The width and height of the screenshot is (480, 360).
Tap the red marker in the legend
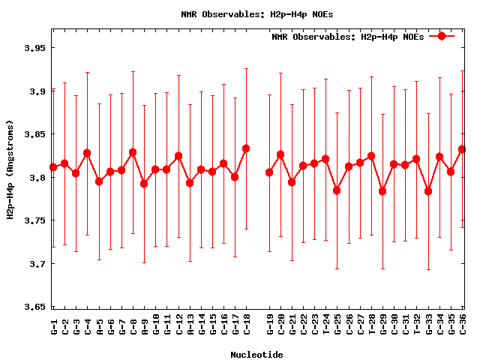pyautogui.click(x=442, y=36)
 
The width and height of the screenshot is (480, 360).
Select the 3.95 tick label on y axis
pyautogui.click(x=32, y=48)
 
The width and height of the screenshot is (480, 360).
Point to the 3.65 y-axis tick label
pyautogui.click(x=32, y=307)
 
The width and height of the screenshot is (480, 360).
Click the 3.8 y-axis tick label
pyautogui.click(x=35, y=178)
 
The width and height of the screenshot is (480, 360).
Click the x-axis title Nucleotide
pyautogui.click(x=256, y=354)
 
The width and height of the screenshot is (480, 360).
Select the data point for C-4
pyautogui.click(x=87, y=153)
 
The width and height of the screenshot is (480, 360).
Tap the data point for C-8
pyautogui.click(x=133, y=152)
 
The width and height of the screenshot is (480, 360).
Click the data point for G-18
pyautogui.click(x=246, y=148)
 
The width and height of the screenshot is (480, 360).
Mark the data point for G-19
pyautogui.click(x=269, y=172)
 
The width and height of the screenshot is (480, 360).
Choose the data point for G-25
pyautogui.click(x=337, y=190)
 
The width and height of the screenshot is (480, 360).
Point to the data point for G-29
pyautogui.click(x=382, y=191)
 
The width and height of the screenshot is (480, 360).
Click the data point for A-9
pyautogui.click(x=144, y=184)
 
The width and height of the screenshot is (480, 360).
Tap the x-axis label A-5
pyautogui.click(x=99, y=324)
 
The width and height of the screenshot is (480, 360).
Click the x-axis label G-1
pyautogui.click(x=54, y=324)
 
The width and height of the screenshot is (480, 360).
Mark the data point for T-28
pyautogui.click(x=371, y=156)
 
